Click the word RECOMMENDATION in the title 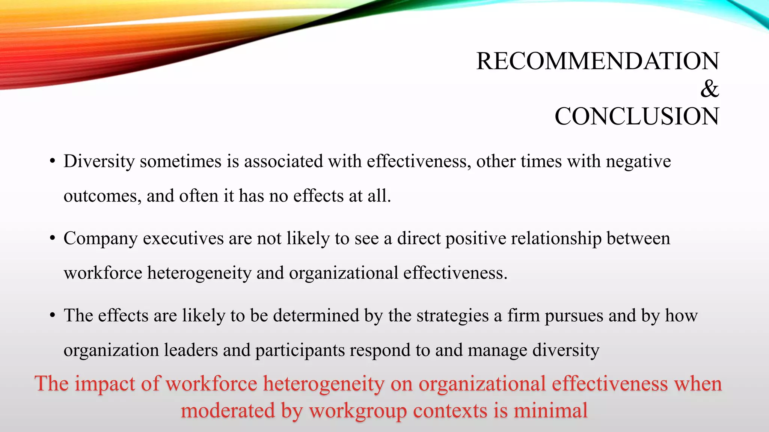click(x=597, y=61)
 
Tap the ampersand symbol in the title click(x=709, y=89)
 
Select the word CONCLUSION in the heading click(x=637, y=117)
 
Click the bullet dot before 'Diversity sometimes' click(x=53, y=162)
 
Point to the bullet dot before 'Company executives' click(x=53, y=239)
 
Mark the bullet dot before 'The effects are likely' click(x=53, y=316)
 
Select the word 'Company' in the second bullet click(x=101, y=239)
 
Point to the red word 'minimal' click(x=550, y=410)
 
